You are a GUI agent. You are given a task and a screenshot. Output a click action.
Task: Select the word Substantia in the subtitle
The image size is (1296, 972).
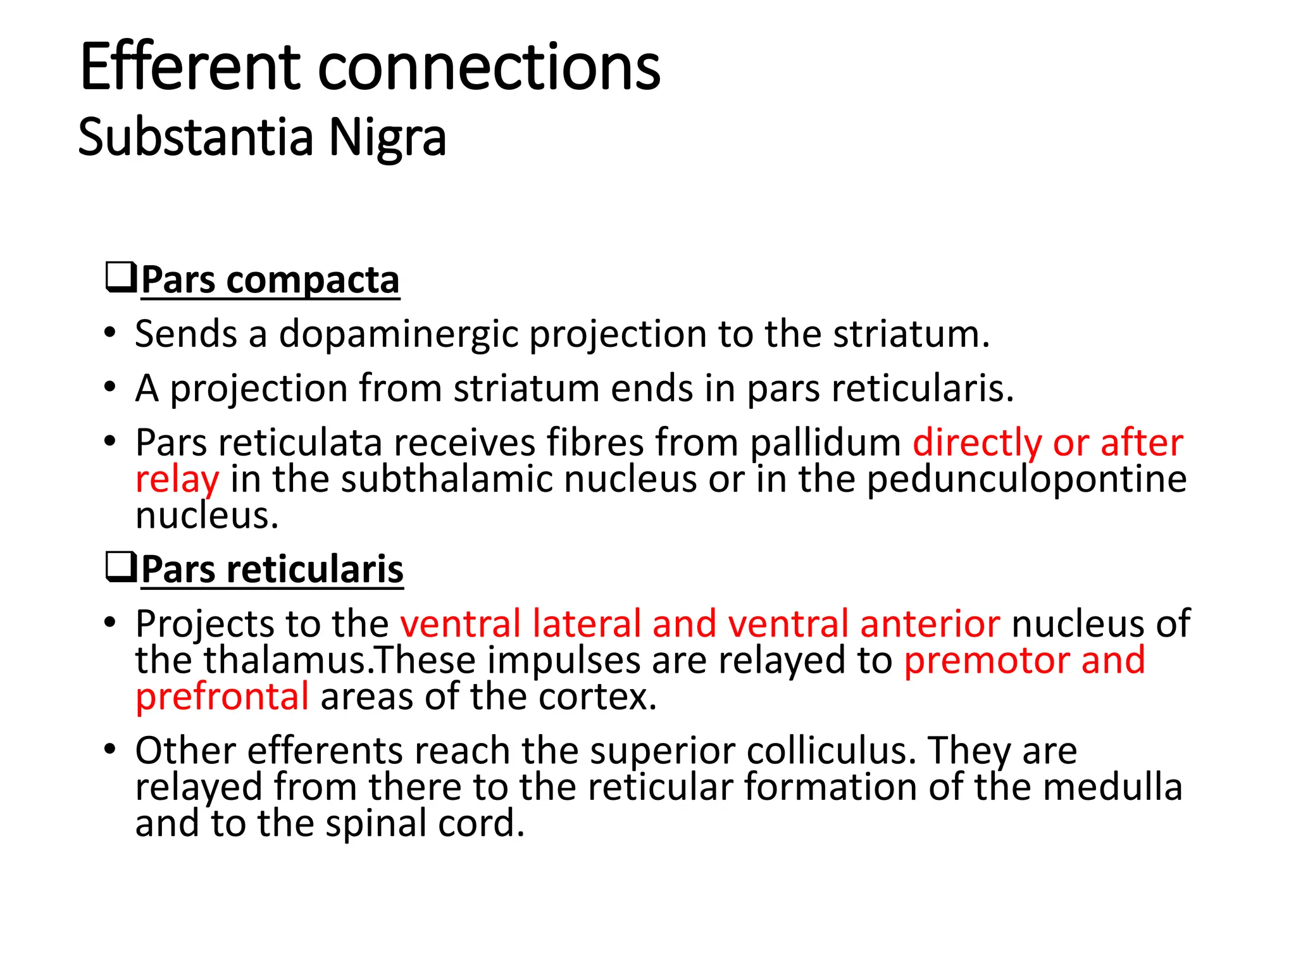click(196, 137)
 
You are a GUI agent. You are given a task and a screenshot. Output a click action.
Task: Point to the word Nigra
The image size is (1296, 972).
click(387, 138)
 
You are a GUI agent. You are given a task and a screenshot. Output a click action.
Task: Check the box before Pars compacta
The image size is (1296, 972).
click(120, 278)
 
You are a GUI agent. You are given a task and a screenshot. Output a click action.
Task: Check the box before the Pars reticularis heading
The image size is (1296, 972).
click(120, 567)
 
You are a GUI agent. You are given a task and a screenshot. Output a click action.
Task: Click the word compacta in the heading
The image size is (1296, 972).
click(313, 280)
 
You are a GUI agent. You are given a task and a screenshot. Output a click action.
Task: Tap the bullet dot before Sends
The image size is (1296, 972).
click(110, 333)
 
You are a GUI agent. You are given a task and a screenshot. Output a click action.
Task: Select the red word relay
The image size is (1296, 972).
click(177, 480)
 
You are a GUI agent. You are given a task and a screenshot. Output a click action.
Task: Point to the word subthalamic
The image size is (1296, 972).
click(446, 479)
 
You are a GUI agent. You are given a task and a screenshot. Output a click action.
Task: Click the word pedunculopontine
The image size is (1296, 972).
click(1026, 479)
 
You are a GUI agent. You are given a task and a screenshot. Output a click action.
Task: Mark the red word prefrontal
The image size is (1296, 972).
click(222, 697)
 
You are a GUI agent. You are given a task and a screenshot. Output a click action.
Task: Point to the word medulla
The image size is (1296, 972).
click(1112, 787)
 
